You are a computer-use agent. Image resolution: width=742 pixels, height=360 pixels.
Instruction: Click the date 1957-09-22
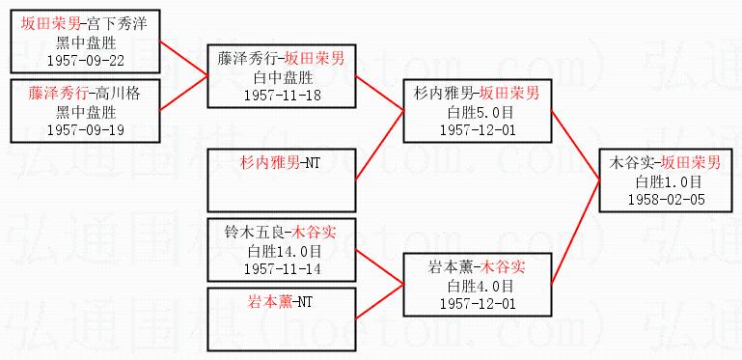point(86,61)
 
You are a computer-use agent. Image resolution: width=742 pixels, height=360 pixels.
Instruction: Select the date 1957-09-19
point(86,130)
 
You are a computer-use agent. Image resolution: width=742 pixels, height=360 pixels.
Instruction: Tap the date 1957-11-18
point(282,96)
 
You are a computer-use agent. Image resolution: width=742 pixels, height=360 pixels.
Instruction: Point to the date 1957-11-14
point(282,268)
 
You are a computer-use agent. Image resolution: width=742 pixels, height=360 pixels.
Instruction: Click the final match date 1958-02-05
point(667,199)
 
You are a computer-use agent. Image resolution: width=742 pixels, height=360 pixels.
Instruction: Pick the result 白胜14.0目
point(282,252)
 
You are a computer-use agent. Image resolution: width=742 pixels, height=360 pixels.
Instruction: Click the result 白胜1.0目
point(668,182)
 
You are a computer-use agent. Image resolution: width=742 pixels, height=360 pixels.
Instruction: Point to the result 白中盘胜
point(282,77)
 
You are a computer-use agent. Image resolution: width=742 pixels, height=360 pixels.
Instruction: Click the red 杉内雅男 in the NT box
point(270,164)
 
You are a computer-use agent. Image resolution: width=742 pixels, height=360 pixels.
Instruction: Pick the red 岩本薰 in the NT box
point(270,301)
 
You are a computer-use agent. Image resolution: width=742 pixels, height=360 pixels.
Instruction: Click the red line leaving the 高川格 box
point(184,93)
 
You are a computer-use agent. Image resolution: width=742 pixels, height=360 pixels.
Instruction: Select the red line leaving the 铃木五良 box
point(379,266)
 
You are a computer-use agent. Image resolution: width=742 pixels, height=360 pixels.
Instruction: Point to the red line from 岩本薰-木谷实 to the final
point(575,233)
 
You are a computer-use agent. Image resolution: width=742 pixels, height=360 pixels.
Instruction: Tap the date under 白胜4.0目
point(478,303)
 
